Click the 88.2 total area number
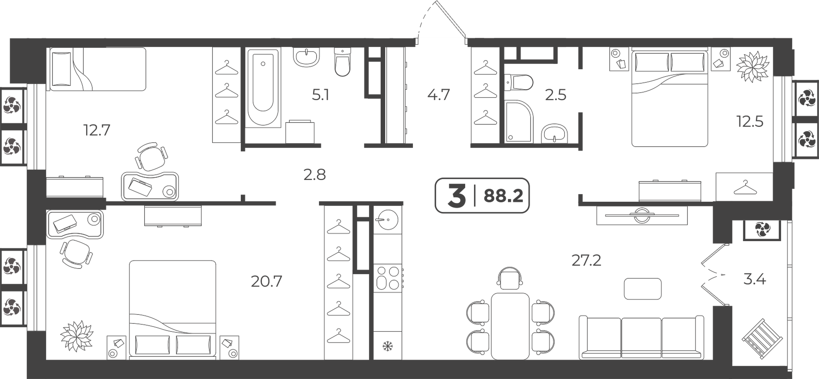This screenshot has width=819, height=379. coord(503,196)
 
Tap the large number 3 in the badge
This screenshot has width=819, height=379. coord(456,196)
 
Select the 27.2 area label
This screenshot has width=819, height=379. coord(586,260)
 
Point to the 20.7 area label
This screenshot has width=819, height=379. coord(266,281)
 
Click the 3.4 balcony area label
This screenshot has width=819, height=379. coord(755,280)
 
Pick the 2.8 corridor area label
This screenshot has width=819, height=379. coord(315,175)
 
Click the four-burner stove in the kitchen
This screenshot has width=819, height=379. coord(387,278)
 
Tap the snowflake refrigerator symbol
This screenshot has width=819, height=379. coord(387,346)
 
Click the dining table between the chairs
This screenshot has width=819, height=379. coord(510,326)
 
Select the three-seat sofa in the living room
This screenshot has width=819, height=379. coord(641,337)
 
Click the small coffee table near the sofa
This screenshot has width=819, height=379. coord(643,289)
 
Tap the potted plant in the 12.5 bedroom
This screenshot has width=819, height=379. coord(753,66)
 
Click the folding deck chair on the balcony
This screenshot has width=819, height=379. coord(762,338)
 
